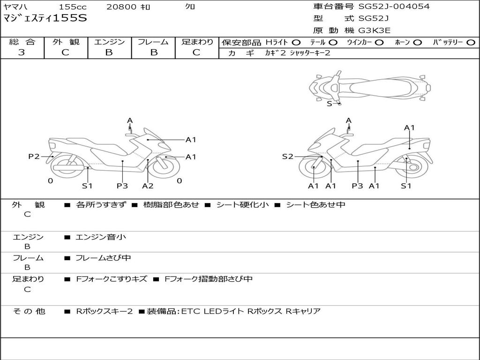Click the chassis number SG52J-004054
pos(394,7)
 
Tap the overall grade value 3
pos(22,52)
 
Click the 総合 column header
pos(22,42)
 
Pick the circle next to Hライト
pos(296,43)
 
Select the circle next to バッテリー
pos(471,43)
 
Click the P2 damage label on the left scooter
pos(34,157)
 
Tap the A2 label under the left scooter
pos(148,186)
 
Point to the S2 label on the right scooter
pos(288,157)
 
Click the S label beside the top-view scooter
pos(330,104)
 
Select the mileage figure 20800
pos(122,7)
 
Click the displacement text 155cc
pos(73,7)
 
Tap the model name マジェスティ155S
pos(45,18)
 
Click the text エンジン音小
pos(101,237)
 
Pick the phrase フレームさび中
pos(103,258)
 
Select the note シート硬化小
pos(242,204)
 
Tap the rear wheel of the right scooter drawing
pos(411,167)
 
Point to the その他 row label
pos(29,311)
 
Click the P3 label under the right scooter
pos(357,186)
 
